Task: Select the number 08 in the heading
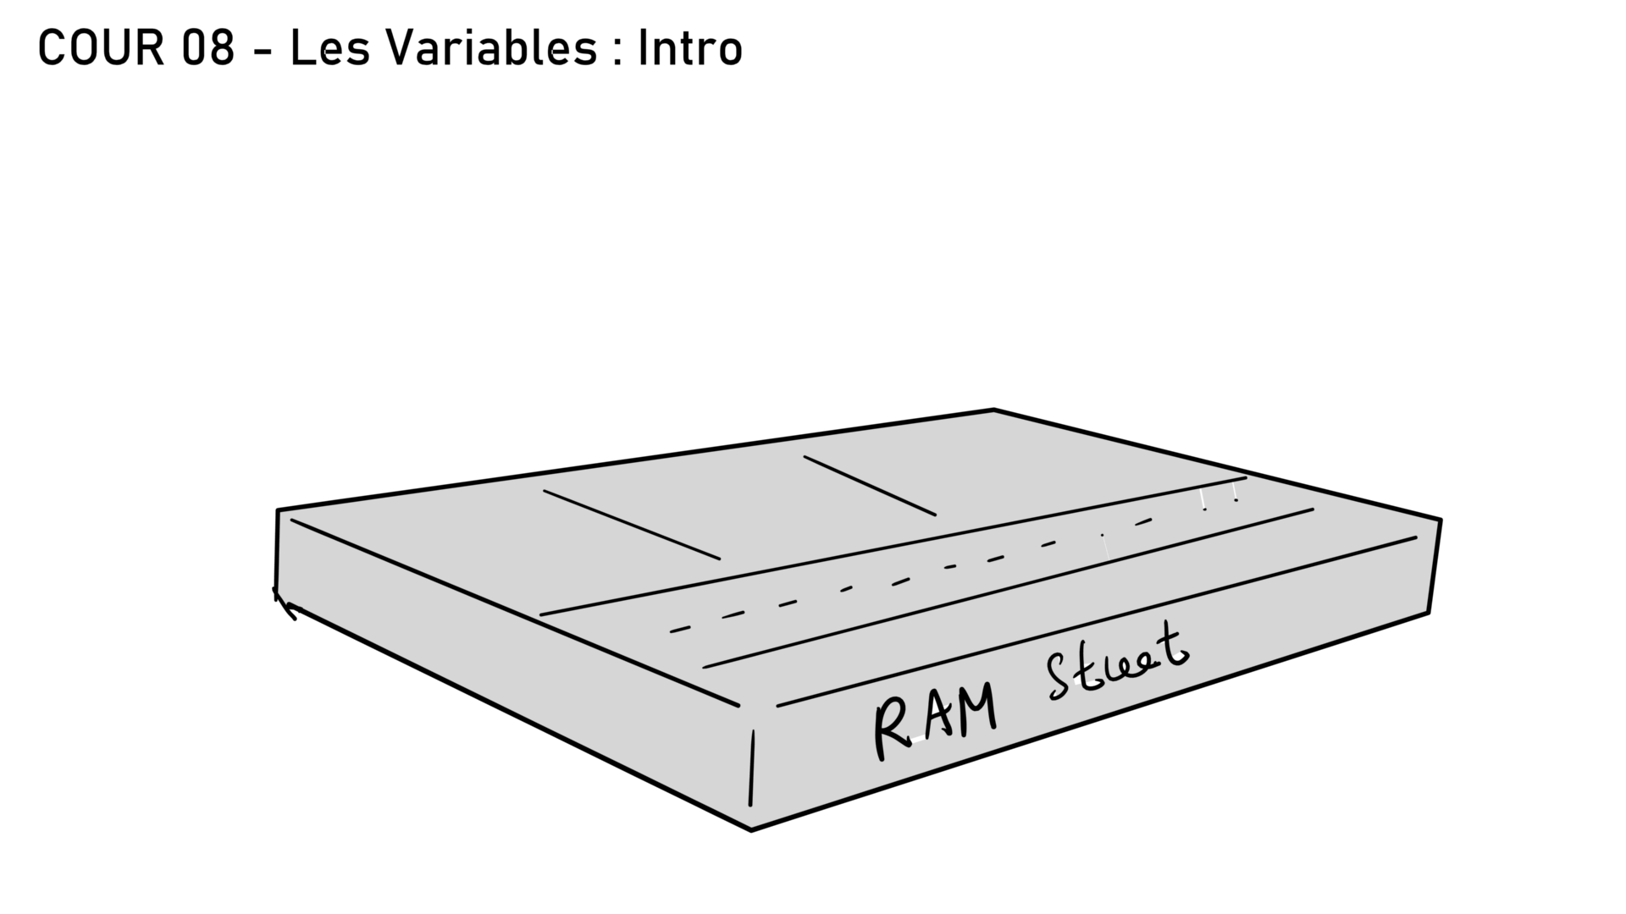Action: (x=207, y=48)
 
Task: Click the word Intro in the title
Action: (x=690, y=48)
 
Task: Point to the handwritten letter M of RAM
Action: (x=976, y=711)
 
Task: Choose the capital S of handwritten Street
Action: (x=1060, y=677)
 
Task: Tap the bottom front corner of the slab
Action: (x=751, y=829)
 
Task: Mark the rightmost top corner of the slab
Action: (x=1440, y=520)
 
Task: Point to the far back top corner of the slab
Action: (x=993, y=410)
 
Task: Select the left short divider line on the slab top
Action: (x=631, y=525)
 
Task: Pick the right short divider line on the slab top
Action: (x=870, y=486)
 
